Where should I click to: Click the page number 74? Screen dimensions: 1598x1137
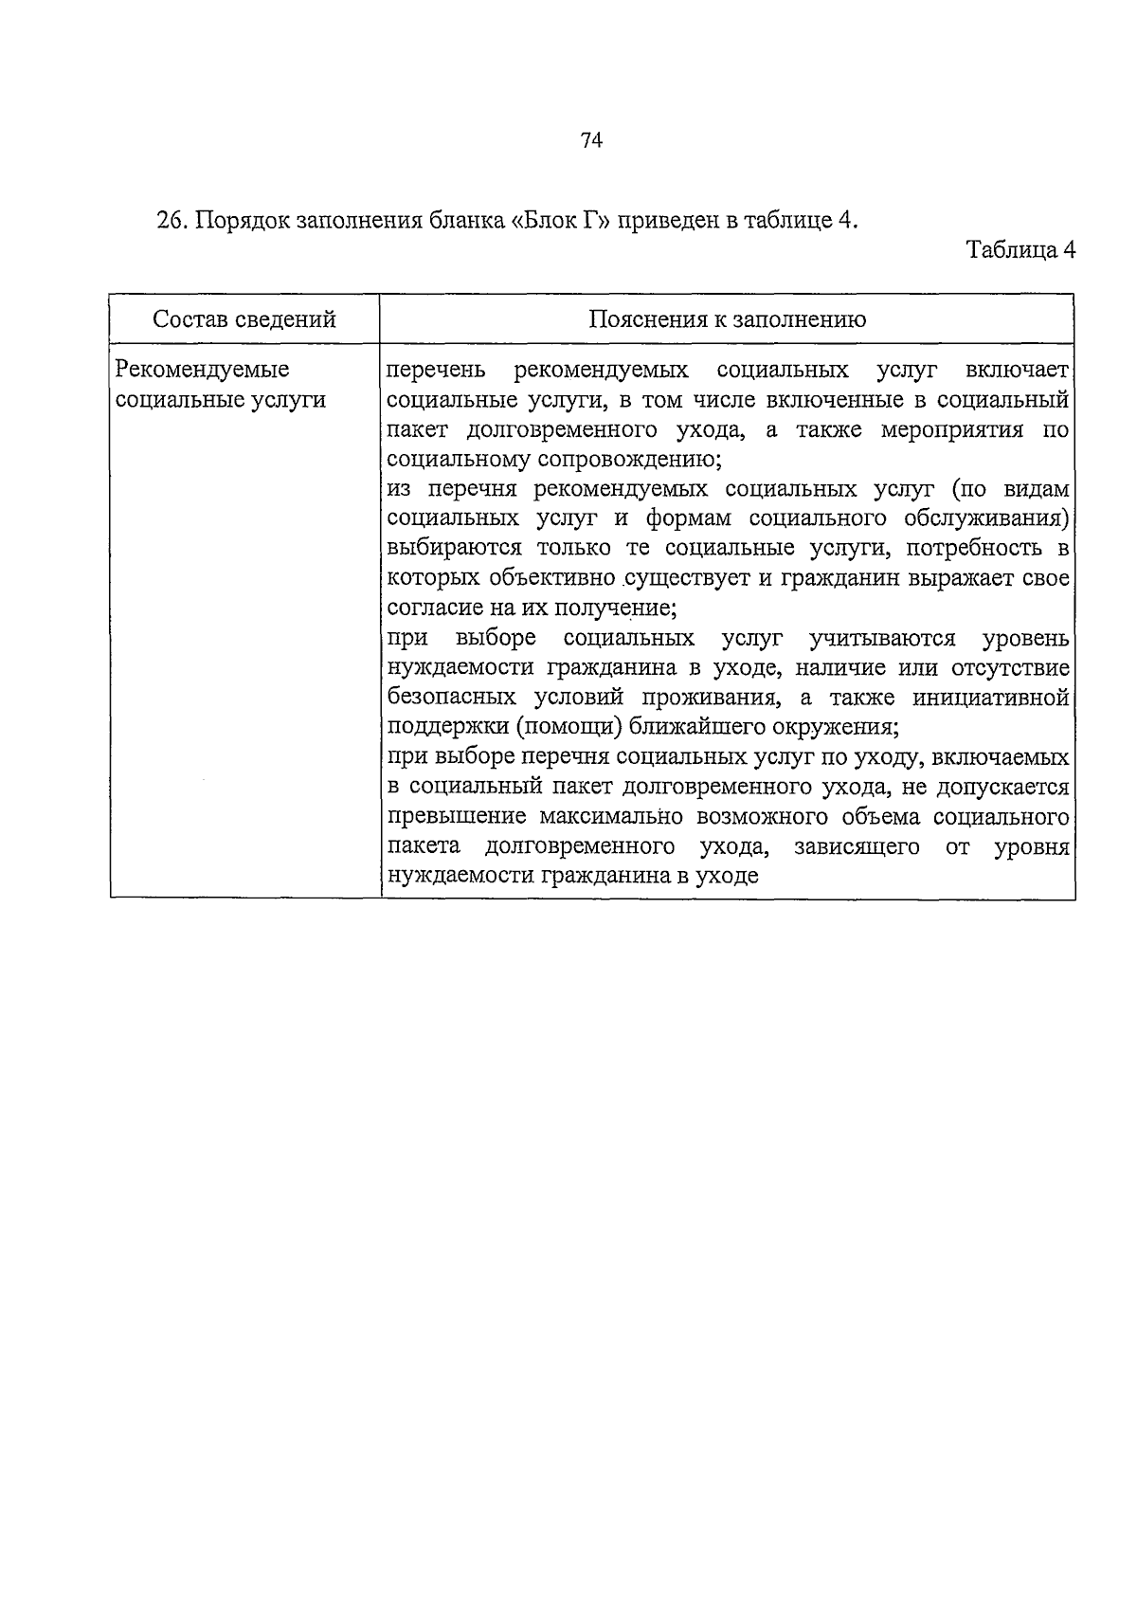591,141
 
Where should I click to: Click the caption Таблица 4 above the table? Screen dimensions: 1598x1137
1020,251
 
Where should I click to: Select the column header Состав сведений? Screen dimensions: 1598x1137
244,319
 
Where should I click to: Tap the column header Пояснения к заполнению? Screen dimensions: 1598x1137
727,319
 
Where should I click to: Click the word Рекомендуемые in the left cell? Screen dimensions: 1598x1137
202,370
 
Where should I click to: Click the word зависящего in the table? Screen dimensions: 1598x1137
856,846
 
